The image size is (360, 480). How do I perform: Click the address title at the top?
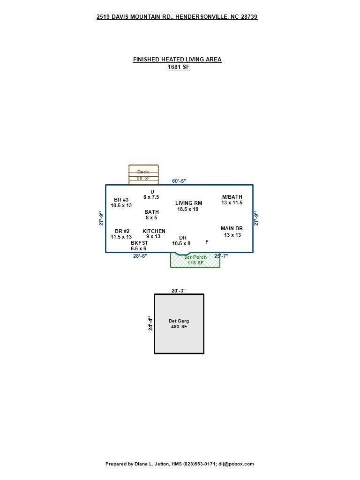tap(177, 17)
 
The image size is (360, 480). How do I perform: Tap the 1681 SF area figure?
tap(179, 67)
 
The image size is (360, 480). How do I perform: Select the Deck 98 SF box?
tap(143, 175)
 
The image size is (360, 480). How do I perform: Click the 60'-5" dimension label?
tap(179, 181)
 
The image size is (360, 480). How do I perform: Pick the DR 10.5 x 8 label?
tap(181, 240)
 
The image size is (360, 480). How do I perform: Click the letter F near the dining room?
tap(207, 242)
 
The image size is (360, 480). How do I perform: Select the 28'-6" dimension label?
tap(140, 255)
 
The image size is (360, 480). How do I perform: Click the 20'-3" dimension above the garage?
tap(179, 291)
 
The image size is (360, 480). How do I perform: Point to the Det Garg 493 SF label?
tap(179, 323)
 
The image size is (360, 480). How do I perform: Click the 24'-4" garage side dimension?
tap(150, 323)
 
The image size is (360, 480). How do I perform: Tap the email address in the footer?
tap(236, 464)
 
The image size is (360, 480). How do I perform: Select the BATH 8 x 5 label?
tap(151, 215)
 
